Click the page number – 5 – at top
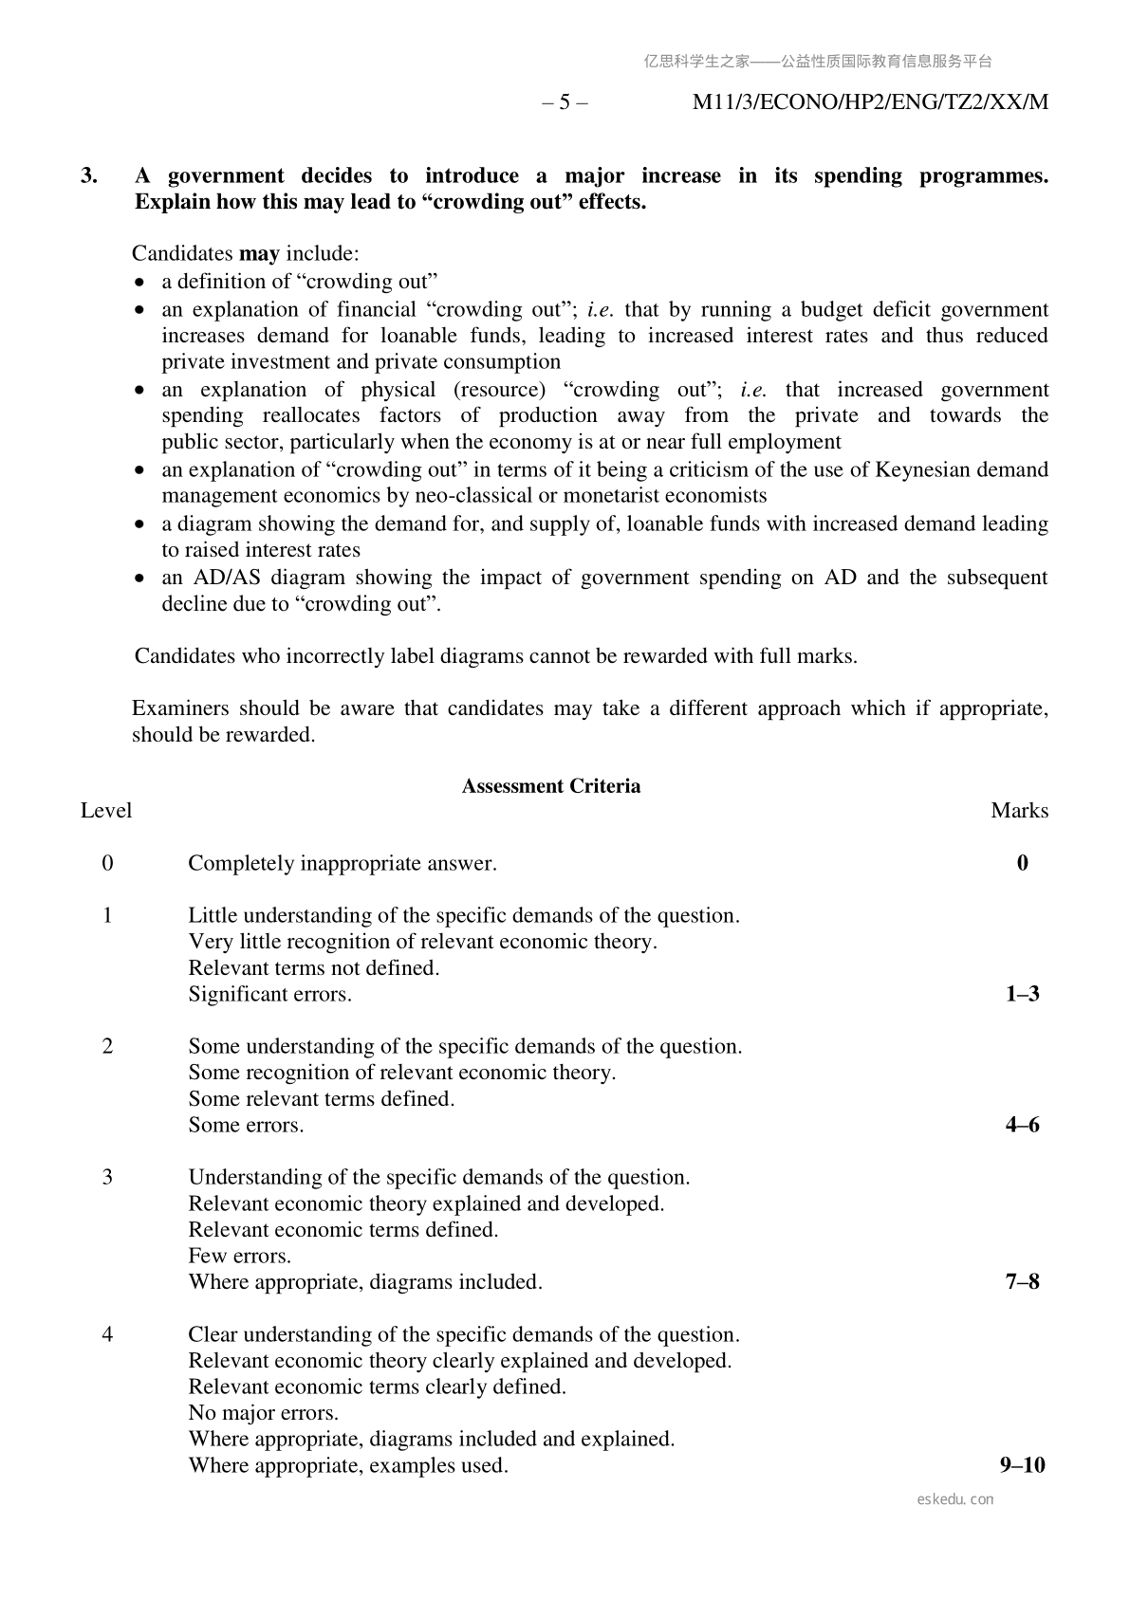coord(565,102)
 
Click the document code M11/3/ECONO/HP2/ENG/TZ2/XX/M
coord(870,102)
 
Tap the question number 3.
coord(89,175)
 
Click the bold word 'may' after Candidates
coord(259,253)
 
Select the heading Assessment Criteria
coord(550,786)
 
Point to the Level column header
coord(106,811)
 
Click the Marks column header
coord(1019,811)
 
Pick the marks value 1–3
coord(1022,994)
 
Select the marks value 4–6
coord(1022,1125)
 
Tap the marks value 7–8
coord(1022,1282)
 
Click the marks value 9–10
coord(1022,1465)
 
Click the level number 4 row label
coord(107,1334)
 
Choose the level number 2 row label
coord(107,1046)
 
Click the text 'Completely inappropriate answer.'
coord(343,863)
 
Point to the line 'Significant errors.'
coord(269,994)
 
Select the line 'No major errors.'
coord(263,1413)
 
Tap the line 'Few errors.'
coord(239,1256)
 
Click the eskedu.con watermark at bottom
coord(955,1499)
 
